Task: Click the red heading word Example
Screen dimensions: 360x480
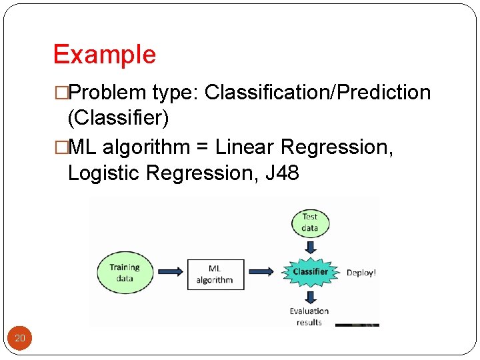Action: [x=105, y=54]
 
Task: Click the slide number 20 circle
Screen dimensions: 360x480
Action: [x=20, y=339]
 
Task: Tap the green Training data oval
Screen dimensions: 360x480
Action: [x=125, y=272]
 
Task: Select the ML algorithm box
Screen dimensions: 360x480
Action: [x=215, y=274]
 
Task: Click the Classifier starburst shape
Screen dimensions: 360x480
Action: [x=310, y=271]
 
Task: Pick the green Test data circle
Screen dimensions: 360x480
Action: [x=310, y=222]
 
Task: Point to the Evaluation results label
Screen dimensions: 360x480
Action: [x=309, y=316]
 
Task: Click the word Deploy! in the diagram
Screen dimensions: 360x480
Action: [x=361, y=273]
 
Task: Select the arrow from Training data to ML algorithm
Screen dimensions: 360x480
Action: [x=169, y=271]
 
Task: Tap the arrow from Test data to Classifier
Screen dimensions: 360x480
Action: [x=310, y=246]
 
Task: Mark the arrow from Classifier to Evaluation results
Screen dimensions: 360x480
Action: [x=310, y=296]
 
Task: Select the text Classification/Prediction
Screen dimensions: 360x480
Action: [x=318, y=92]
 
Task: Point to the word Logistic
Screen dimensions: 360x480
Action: [x=103, y=173]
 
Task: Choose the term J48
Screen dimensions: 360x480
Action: [x=282, y=173]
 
